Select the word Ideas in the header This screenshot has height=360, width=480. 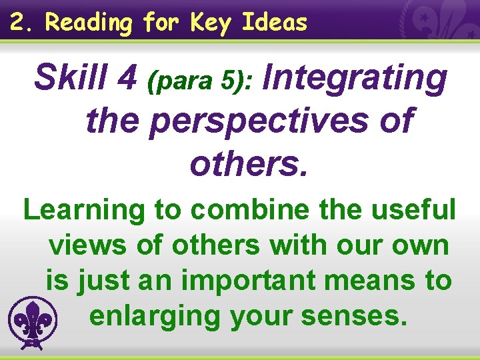[274, 23]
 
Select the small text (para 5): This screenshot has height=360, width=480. [200, 81]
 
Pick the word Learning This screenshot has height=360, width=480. [83, 211]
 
